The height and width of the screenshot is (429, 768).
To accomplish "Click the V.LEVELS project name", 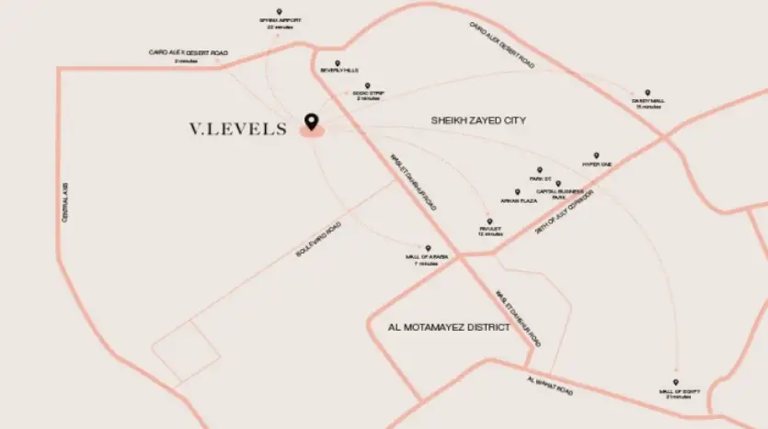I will pyautogui.click(x=238, y=130).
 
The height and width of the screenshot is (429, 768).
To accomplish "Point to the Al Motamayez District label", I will pyautogui.click(x=449, y=327).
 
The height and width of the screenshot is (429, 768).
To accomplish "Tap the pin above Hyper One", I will pyautogui.click(x=596, y=155).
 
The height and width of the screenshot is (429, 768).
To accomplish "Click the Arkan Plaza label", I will pyautogui.click(x=518, y=199).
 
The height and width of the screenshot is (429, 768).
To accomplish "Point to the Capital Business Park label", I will pyautogui.click(x=557, y=194).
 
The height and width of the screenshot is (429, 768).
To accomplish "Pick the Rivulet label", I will pyautogui.click(x=489, y=232).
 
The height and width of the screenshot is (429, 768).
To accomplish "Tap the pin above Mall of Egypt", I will pyautogui.click(x=675, y=382).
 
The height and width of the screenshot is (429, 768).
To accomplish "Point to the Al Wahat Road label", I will pyautogui.click(x=550, y=385).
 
